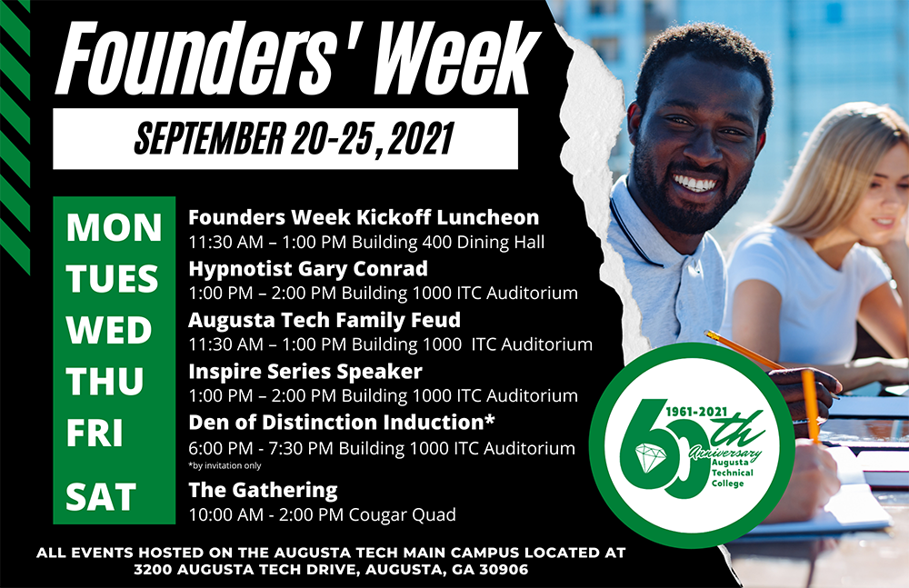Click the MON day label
(x=114, y=227)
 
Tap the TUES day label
(x=112, y=278)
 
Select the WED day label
(x=109, y=330)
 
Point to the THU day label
(x=105, y=382)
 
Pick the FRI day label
(x=95, y=434)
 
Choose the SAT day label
(x=101, y=497)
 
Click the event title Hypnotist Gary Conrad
(x=308, y=269)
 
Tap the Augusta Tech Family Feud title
(x=325, y=320)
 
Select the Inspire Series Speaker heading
(x=305, y=371)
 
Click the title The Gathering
(x=263, y=491)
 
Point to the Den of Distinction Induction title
(x=342, y=423)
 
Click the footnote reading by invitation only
(x=225, y=465)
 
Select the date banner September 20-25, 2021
(x=294, y=139)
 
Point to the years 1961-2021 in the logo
(x=696, y=411)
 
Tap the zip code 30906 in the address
(x=504, y=570)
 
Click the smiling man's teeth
(x=694, y=184)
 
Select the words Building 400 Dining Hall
(x=448, y=242)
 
